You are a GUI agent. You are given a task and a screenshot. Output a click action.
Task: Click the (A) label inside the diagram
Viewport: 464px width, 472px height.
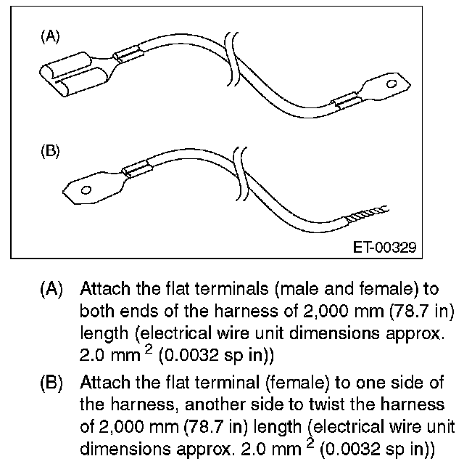(x=50, y=37)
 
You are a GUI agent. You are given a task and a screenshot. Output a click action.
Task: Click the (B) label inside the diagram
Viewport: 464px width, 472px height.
(x=50, y=151)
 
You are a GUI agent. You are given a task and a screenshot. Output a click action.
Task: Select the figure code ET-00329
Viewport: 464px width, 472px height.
(x=385, y=248)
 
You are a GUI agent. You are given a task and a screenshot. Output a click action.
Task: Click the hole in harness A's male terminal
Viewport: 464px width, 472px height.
(x=391, y=84)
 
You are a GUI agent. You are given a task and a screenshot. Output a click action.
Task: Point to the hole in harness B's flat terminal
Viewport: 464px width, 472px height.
(x=86, y=190)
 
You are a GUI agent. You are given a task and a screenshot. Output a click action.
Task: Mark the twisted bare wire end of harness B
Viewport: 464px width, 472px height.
(x=368, y=213)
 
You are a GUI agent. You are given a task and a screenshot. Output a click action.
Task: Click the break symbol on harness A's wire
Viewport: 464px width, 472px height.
(x=233, y=59)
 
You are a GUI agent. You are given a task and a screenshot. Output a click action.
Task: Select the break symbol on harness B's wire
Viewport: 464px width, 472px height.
(x=241, y=174)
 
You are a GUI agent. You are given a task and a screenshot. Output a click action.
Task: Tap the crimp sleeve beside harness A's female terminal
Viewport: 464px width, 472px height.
(x=128, y=54)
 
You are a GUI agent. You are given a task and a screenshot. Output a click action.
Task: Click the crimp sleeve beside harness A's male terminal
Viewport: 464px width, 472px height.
(x=347, y=100)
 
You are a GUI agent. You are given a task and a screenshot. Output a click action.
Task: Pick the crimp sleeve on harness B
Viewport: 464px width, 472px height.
(x=137, y=168)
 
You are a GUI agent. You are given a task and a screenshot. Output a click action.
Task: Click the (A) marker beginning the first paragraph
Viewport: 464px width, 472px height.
(x=51, y=289)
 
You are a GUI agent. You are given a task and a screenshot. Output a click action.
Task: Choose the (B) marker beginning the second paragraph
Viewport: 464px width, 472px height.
(x=51, y=383)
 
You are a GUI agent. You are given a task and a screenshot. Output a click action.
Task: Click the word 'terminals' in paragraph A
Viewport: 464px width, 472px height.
(x=231, y=288)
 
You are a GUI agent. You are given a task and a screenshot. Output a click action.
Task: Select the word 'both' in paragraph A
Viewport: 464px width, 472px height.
(x=97, y=311)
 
